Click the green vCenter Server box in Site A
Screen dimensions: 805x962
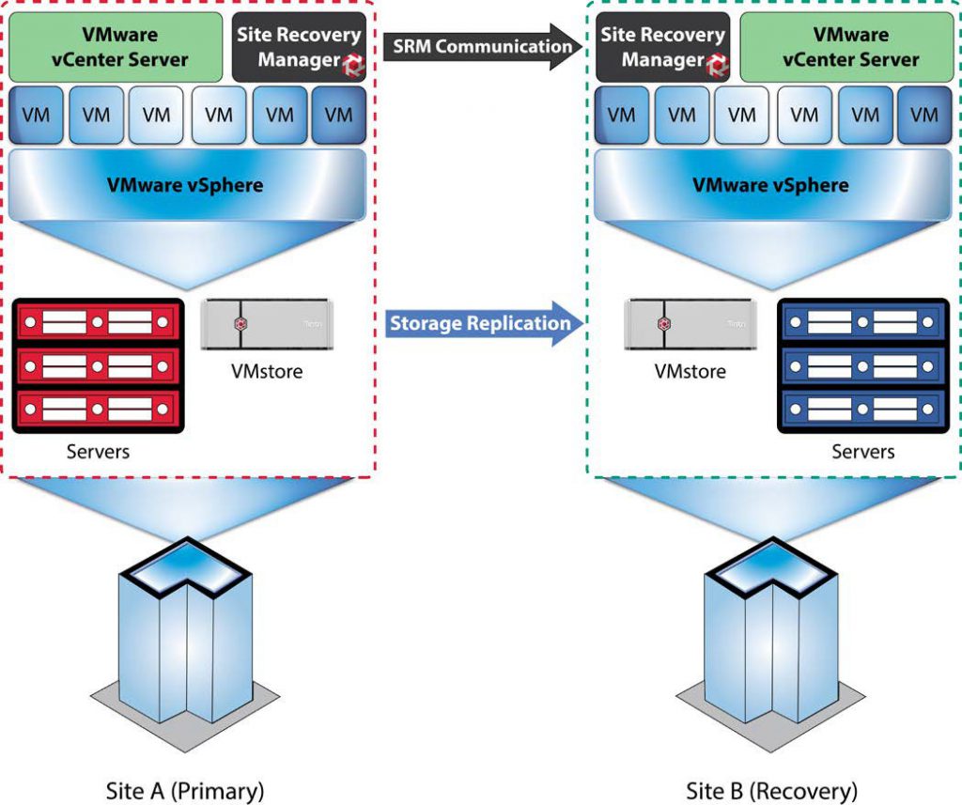(115, 47)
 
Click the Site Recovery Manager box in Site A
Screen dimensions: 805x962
(299, 47)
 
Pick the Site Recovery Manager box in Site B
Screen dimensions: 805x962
(663, 47)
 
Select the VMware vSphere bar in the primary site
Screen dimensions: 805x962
(188, 184)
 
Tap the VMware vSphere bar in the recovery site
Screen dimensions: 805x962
(771, 184)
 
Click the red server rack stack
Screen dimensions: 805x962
(96, 365)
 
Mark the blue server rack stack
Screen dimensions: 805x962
(861, 365)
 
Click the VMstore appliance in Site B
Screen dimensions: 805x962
(690, 323)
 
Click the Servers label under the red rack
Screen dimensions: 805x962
(98, 452)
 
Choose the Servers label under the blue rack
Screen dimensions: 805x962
(862, 452)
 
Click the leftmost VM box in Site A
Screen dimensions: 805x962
(36, 115)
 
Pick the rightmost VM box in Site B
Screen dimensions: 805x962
(924, 115)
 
